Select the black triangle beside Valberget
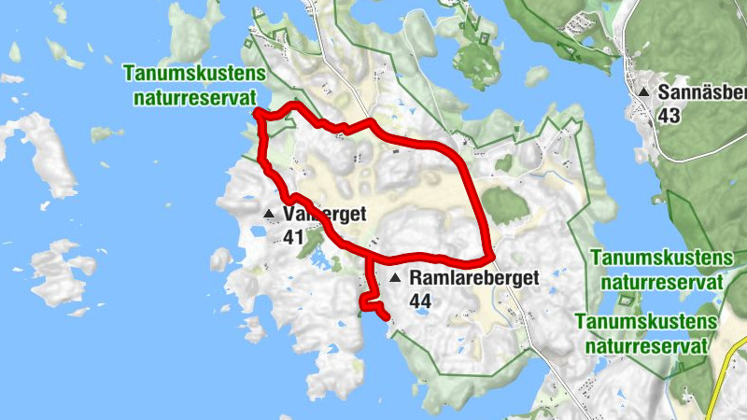coord(270,215)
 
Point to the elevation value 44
coord(419,301)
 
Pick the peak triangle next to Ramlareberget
coord(395,278)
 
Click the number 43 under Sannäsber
coord(669,116)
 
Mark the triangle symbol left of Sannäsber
coord(644,92)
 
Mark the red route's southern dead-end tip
coord(385,318)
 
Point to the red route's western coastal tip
coord(257,113)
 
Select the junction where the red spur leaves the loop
coord(370,256)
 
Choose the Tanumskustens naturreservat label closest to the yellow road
coord(647,332)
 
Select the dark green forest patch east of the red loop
coord(504,204)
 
